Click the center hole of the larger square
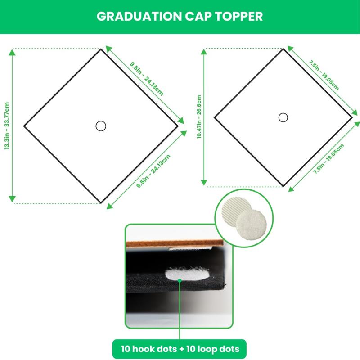point(101,126)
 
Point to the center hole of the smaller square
point(283,117)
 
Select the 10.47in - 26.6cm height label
point(199,117)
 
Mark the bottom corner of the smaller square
point(283,185)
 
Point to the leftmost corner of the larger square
point(24,126)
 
